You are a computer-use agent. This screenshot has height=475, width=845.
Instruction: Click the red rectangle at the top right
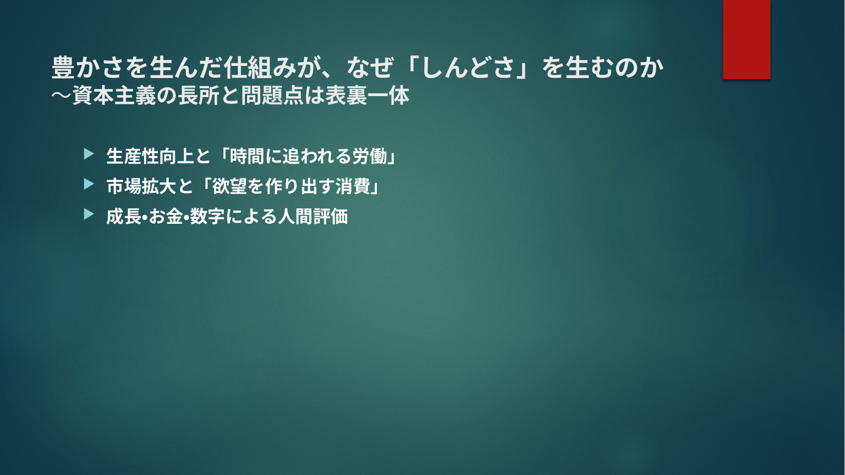746,39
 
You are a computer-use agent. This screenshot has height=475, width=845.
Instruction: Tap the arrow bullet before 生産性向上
89,154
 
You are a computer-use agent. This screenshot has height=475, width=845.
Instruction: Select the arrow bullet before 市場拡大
89,184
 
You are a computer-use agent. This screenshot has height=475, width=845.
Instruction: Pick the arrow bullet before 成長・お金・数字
89,214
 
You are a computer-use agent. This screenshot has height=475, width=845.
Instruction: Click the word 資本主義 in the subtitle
114,96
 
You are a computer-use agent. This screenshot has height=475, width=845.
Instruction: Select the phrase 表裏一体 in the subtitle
367,96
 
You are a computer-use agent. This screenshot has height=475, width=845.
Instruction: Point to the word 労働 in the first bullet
369,156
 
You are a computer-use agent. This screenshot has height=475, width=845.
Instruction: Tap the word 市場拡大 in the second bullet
141,186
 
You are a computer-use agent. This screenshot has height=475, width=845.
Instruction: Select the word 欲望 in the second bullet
230,186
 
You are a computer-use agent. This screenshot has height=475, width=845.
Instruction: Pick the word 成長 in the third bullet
124,216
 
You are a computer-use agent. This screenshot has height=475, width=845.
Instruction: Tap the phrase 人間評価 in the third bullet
313,216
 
